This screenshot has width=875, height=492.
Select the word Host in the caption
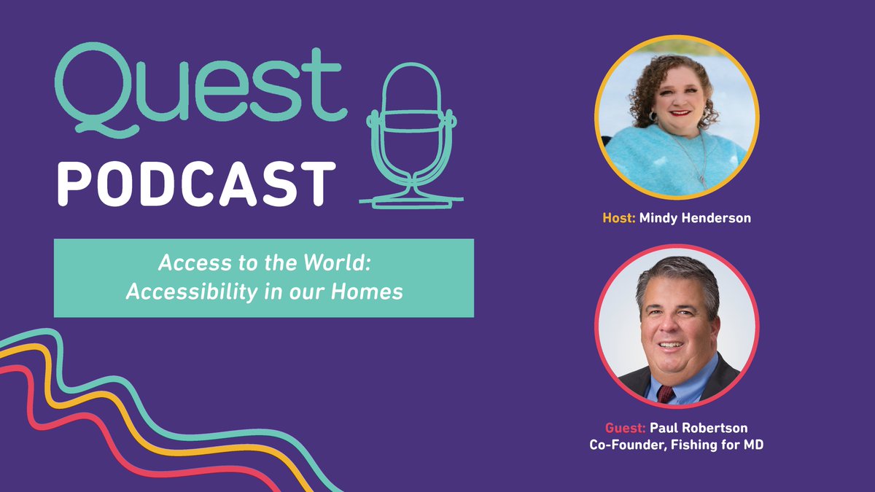point(618,218)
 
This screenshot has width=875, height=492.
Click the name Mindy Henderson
point(695,218)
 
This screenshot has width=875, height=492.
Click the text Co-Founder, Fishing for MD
point(677,444)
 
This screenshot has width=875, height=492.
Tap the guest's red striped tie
point(665,394)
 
